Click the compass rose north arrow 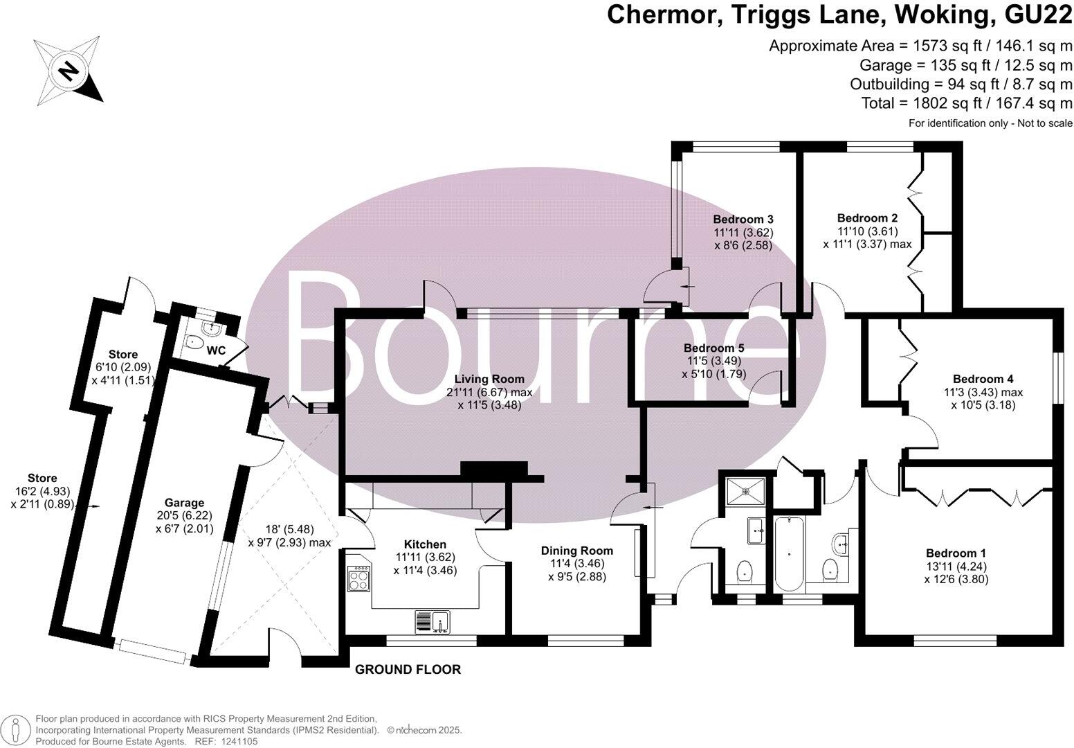click(69, 71)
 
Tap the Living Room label click(489, 379)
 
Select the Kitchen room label click(426, 544)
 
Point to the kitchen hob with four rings click(360, 579)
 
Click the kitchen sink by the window click(433, 621)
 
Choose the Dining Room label click(577, 551)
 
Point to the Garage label click(184, 502)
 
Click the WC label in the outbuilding click(217, 350)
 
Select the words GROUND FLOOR click(408, 669)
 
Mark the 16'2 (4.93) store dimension click(42, 491)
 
